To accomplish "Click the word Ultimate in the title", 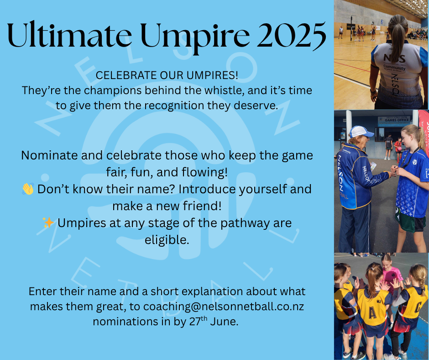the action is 69,35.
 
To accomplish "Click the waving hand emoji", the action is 28,189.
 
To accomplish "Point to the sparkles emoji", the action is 48,222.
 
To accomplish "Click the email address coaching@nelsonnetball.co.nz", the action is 224,306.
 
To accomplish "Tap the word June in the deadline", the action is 224,321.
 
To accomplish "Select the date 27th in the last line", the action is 198,321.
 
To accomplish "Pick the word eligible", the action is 167,240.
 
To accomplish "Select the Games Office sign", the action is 394,121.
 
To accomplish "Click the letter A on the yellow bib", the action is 372,312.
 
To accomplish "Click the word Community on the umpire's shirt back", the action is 394,67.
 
